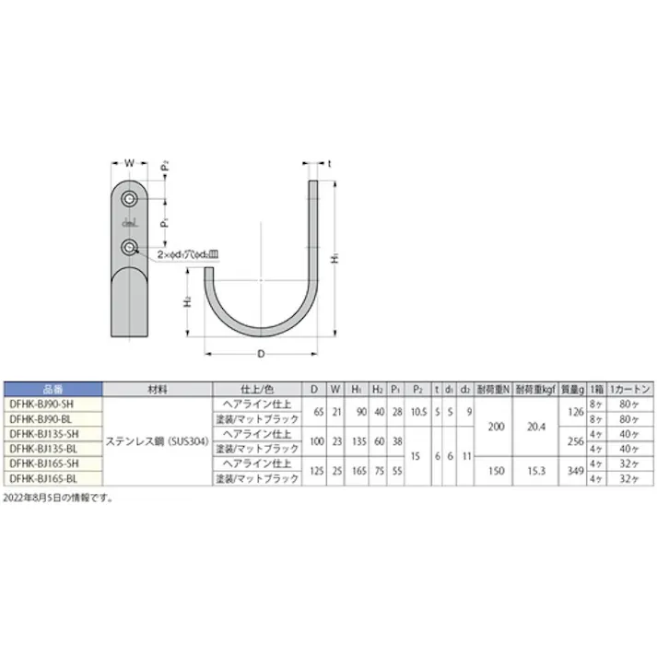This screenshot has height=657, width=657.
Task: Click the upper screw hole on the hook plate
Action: (130, 199)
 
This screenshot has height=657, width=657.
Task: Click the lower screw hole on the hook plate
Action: (130, 246)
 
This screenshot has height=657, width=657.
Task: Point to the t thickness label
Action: (329, 162)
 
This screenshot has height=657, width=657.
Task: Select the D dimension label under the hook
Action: (260, 353)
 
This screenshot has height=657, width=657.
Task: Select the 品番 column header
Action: (53, 389)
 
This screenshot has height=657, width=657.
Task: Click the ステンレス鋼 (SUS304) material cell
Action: (157, 440)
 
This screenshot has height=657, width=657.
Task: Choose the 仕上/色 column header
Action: (256, 389)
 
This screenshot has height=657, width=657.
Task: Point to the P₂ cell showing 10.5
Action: (417, 411)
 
